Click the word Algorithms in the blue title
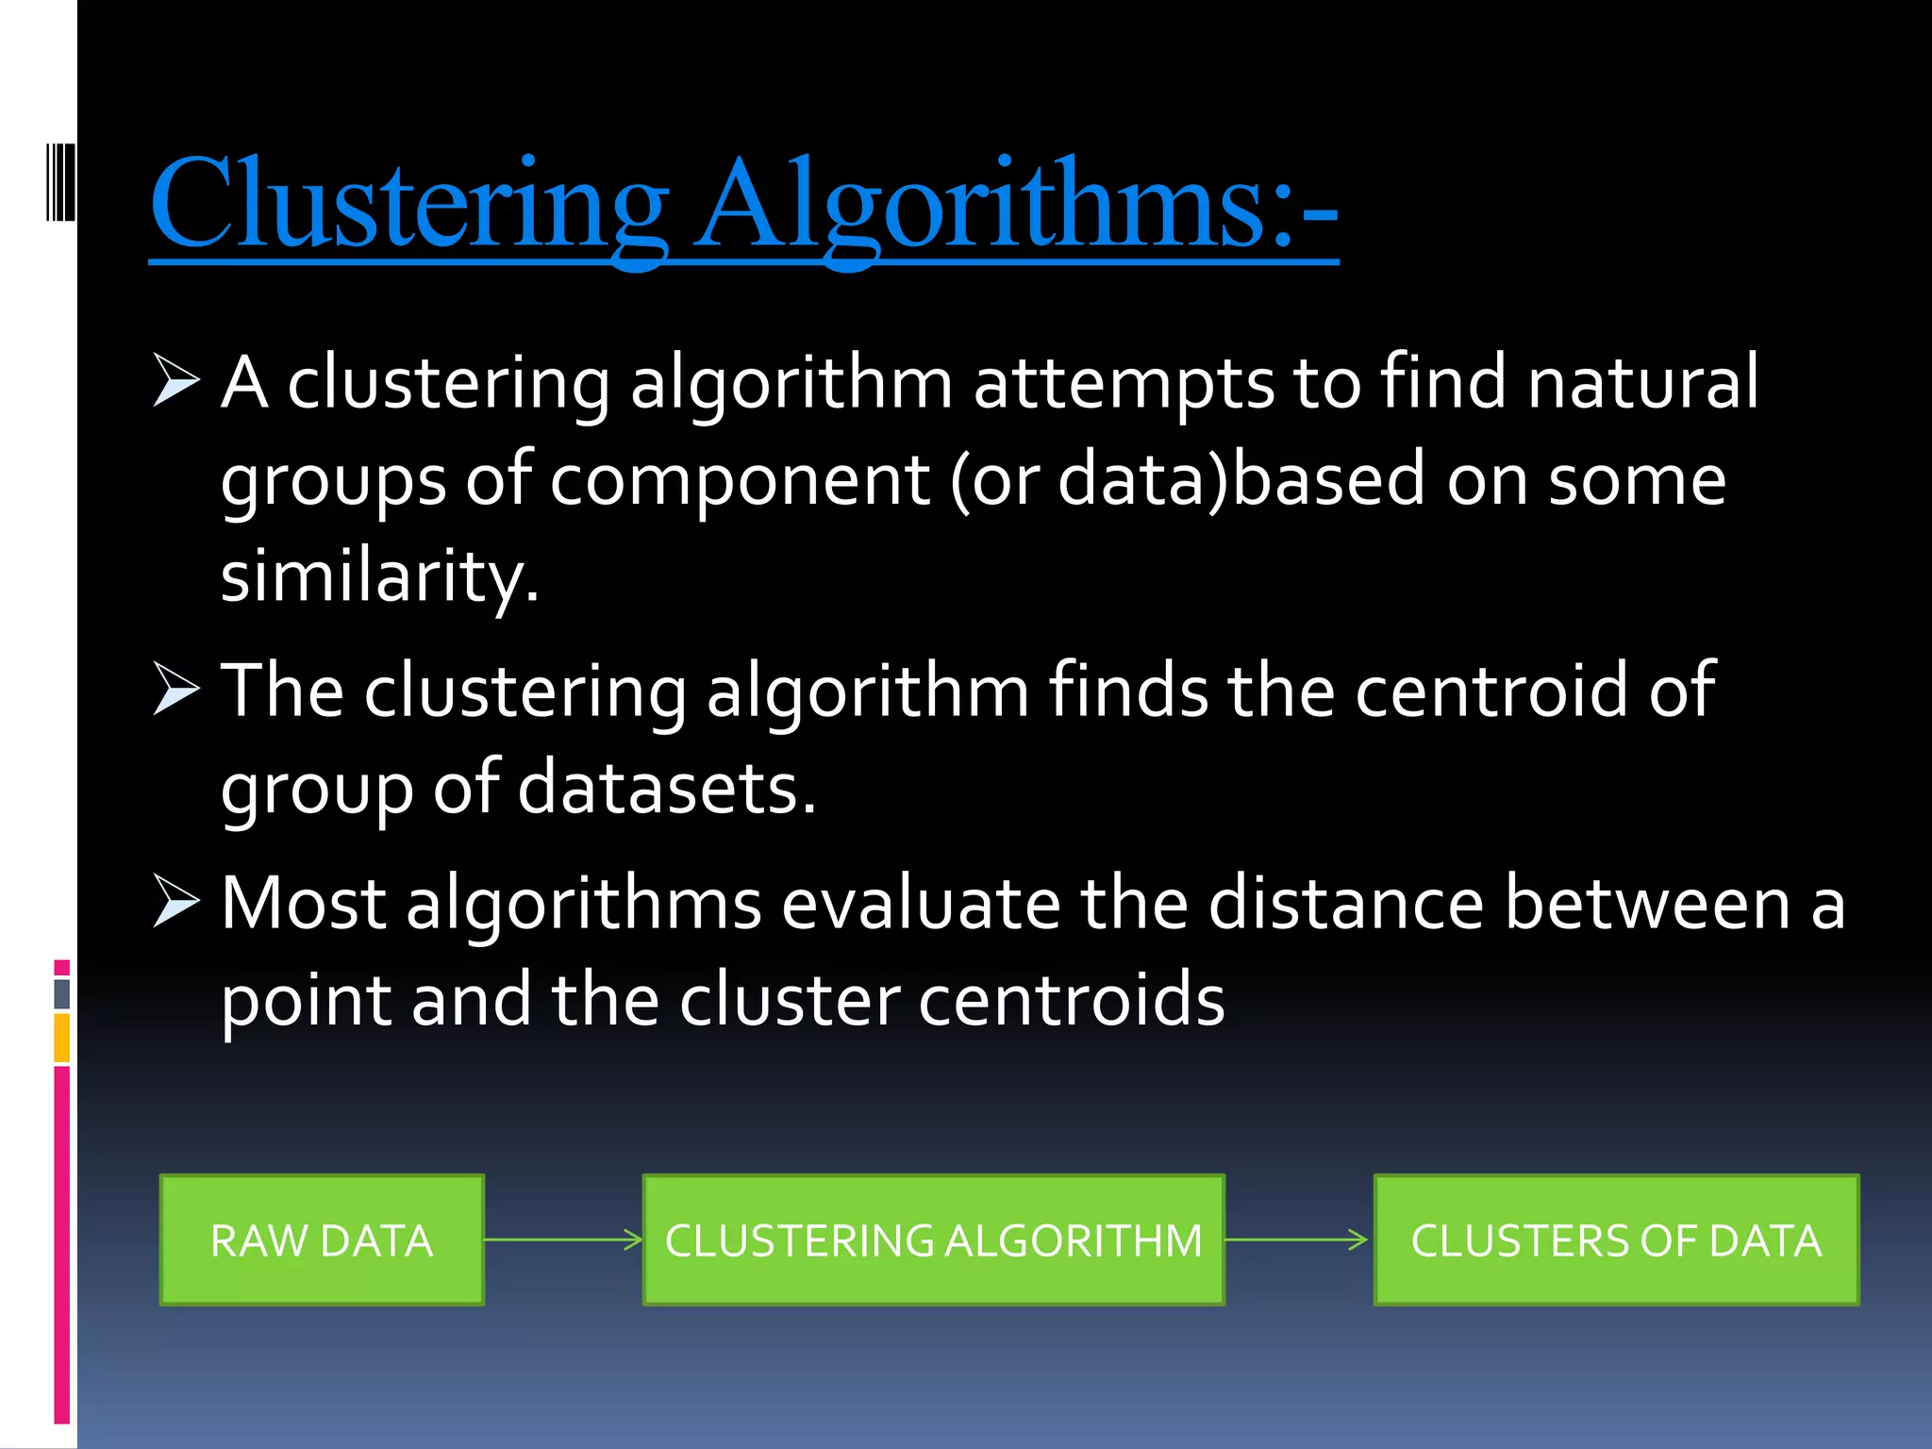[981, 203]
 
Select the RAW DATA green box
[322, 1241]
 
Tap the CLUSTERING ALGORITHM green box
[933, 1241]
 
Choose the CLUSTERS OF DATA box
[1616, 1241]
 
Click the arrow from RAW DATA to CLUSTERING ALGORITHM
[563, 1240]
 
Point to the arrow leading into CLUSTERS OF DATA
[1297, 1240]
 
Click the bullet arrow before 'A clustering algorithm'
[175, 381]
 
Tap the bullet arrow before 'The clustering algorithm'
[175, 690]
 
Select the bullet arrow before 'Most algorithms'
[175, 902]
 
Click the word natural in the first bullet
[1642, 382]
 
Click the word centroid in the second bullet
[1491, 691]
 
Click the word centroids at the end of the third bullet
[1071, 1000]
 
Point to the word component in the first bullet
[740, 479]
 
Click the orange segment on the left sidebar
[62, 1038]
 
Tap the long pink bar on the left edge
[62, 1245]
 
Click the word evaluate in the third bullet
[921, 904]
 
